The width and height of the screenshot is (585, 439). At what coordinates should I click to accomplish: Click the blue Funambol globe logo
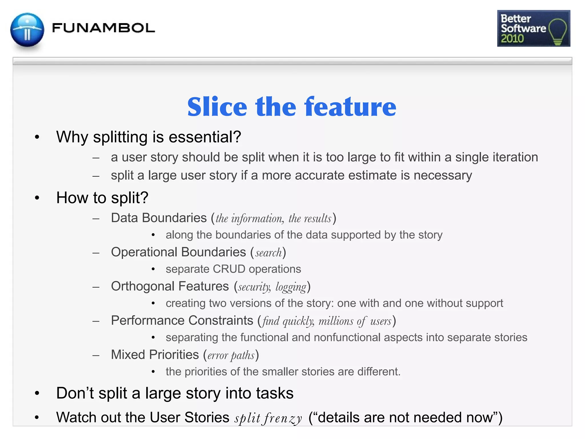27,30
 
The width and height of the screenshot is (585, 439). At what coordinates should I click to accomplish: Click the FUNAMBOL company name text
103,28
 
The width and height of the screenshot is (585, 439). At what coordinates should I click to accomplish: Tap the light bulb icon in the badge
557,31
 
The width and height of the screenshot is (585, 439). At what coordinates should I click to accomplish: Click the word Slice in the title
217,107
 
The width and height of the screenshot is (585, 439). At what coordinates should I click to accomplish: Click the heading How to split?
102,198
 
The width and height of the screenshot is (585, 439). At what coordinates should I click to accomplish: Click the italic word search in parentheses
269,253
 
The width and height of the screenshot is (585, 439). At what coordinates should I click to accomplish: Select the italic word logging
291,287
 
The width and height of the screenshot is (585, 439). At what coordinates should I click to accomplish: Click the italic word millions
336,321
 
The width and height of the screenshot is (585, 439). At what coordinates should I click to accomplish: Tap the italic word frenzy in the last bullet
283,418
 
